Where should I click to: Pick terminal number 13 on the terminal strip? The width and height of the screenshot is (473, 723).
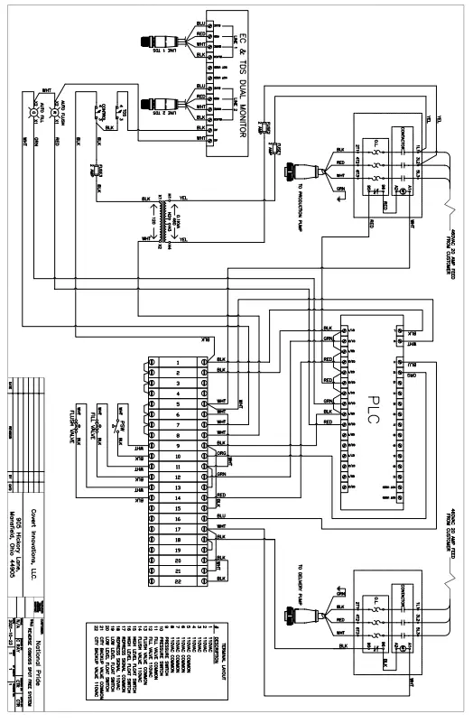[180, 497]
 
